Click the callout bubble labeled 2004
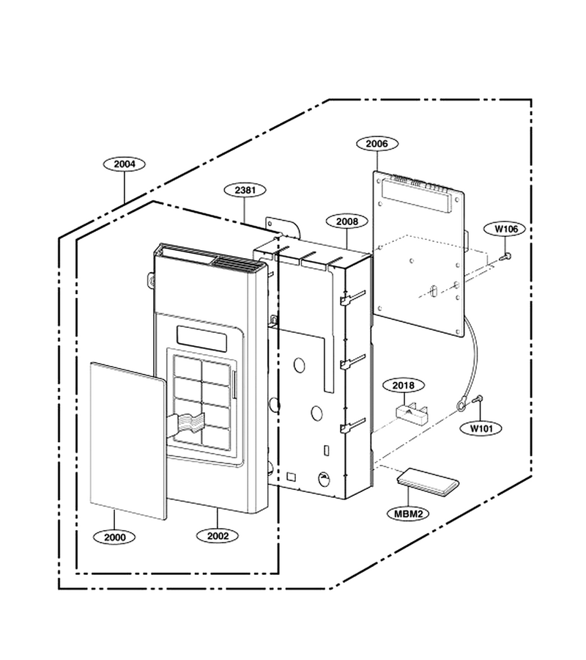[x=125, y=164]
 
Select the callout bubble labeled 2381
[x=245, y=190]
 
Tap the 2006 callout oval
[x=377, y=144]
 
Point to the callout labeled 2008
[x=347, y=221]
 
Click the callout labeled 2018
[x=404, y=385]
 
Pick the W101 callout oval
[x=481, y=428]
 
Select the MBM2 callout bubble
[x=409, y=513]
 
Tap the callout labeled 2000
[x=114, y=537]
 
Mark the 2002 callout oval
[x=218, y=535]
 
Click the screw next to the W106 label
[x=506, y=255]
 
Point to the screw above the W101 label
[x=478, y=399]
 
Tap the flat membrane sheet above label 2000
[x=128, y=441]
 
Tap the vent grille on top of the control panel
[x=237, y=263]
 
